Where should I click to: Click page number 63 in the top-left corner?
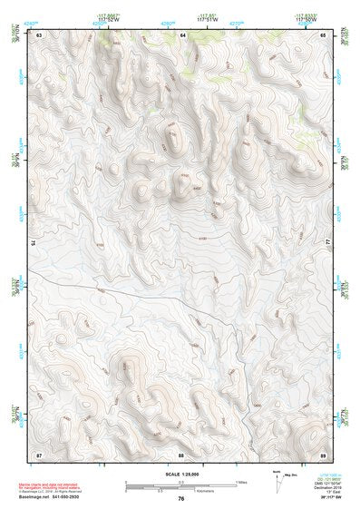[39, 34]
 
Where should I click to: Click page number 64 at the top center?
[182, 34]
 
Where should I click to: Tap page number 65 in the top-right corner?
[323, 34]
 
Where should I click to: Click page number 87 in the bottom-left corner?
[39, 453]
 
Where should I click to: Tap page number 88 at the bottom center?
[181, 453]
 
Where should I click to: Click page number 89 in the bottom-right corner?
[323, 453]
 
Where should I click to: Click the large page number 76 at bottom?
[181, 498]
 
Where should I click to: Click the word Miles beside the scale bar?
[241, 481]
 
